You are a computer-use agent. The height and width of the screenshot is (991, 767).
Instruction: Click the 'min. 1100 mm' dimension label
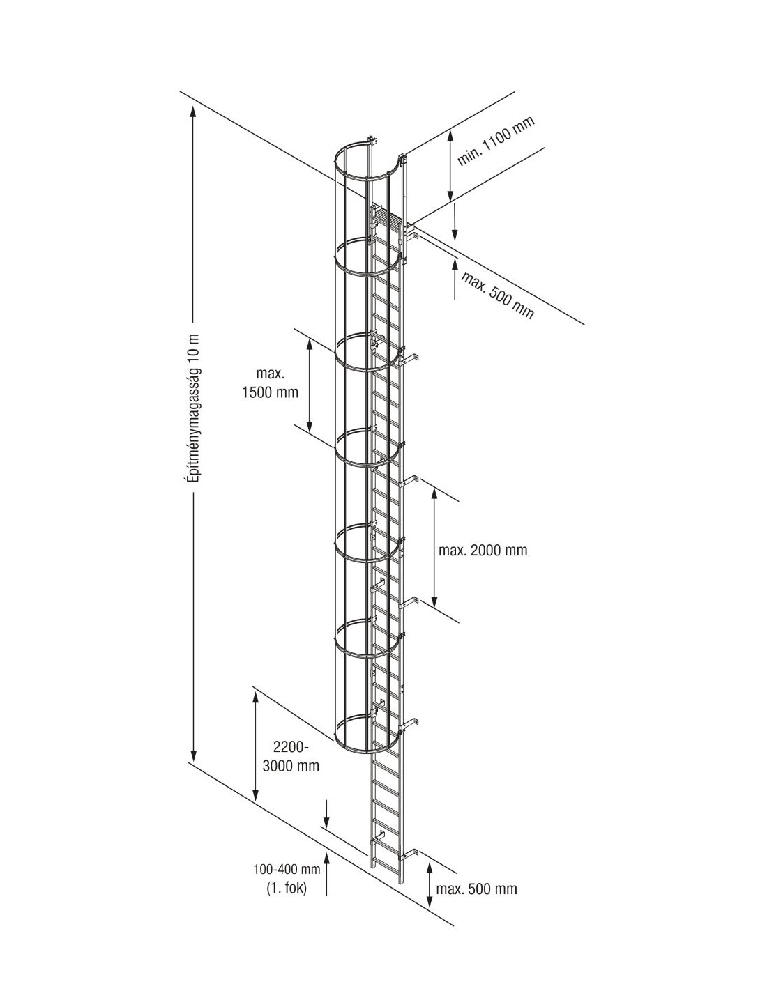pos(496,141)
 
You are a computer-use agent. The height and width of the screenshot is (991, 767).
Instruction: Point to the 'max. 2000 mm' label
pos(483,550)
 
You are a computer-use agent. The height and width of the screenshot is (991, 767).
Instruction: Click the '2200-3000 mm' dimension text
pos(291,756)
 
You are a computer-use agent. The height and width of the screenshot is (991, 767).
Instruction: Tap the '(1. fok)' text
pos(286,888)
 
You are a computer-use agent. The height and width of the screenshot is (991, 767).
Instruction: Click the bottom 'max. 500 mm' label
pos(477,889)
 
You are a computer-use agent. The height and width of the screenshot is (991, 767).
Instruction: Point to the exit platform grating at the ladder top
pos(388,215)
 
